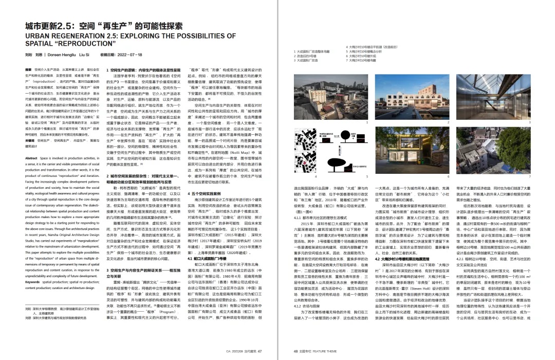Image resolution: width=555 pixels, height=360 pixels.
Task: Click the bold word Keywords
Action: pyautogui.click(x=33, y=282)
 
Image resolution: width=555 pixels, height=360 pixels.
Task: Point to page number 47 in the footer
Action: pyautogui.click(x=260, y=337)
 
